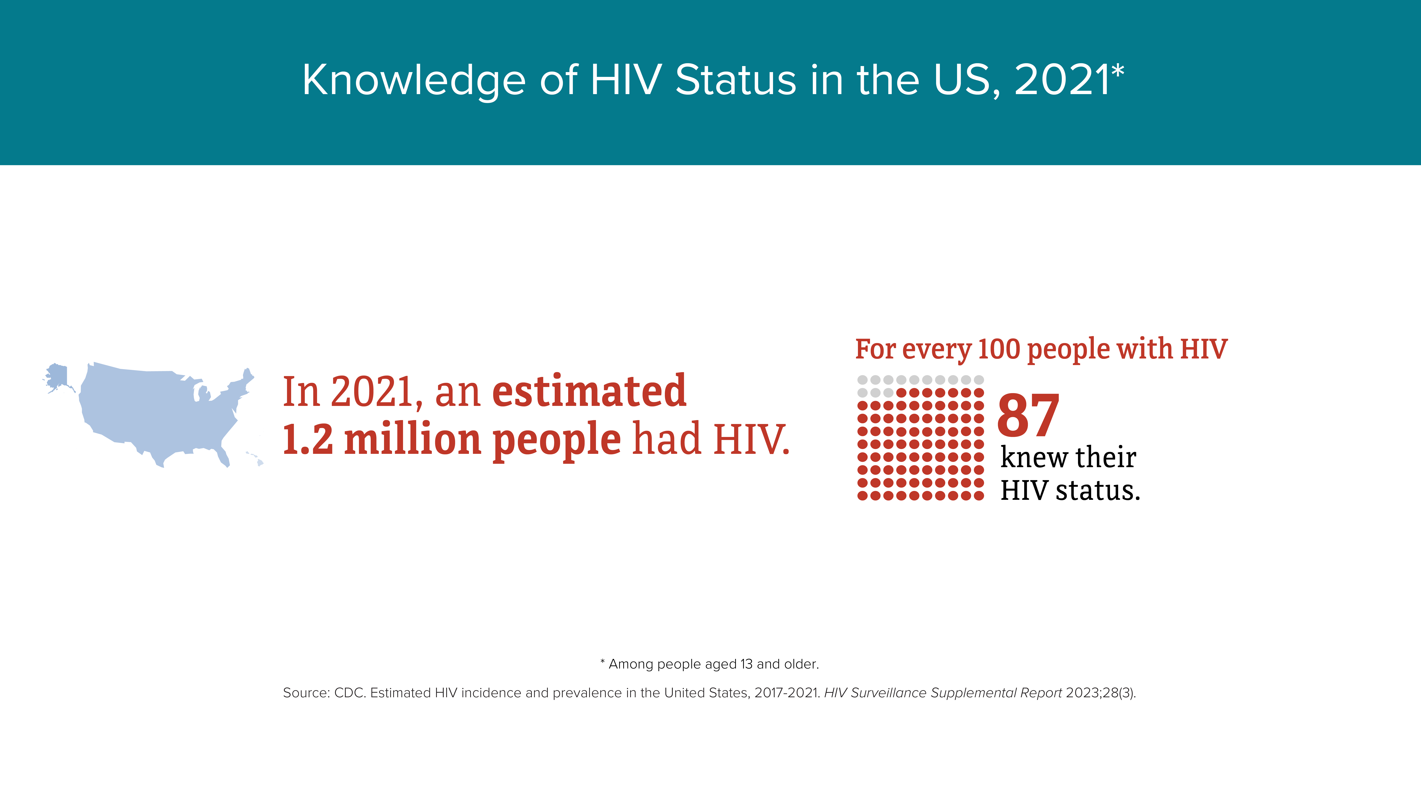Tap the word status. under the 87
1098,490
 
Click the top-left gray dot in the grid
862,380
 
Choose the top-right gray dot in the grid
979,380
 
